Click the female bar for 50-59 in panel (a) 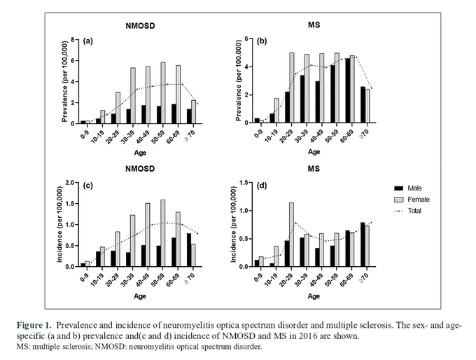163,93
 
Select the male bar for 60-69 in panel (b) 348,90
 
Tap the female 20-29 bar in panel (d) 291,235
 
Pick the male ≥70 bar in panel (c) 189,250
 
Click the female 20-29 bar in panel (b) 292,88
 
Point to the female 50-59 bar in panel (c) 163,233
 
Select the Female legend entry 412,200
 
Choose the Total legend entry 407,211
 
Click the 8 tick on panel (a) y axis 73,39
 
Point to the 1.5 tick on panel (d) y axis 244,182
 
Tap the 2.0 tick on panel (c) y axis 70,182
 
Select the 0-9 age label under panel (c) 85,275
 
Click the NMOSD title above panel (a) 140,26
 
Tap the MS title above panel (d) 314,169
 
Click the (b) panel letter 262,41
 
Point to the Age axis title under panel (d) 314,296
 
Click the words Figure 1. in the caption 34,326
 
